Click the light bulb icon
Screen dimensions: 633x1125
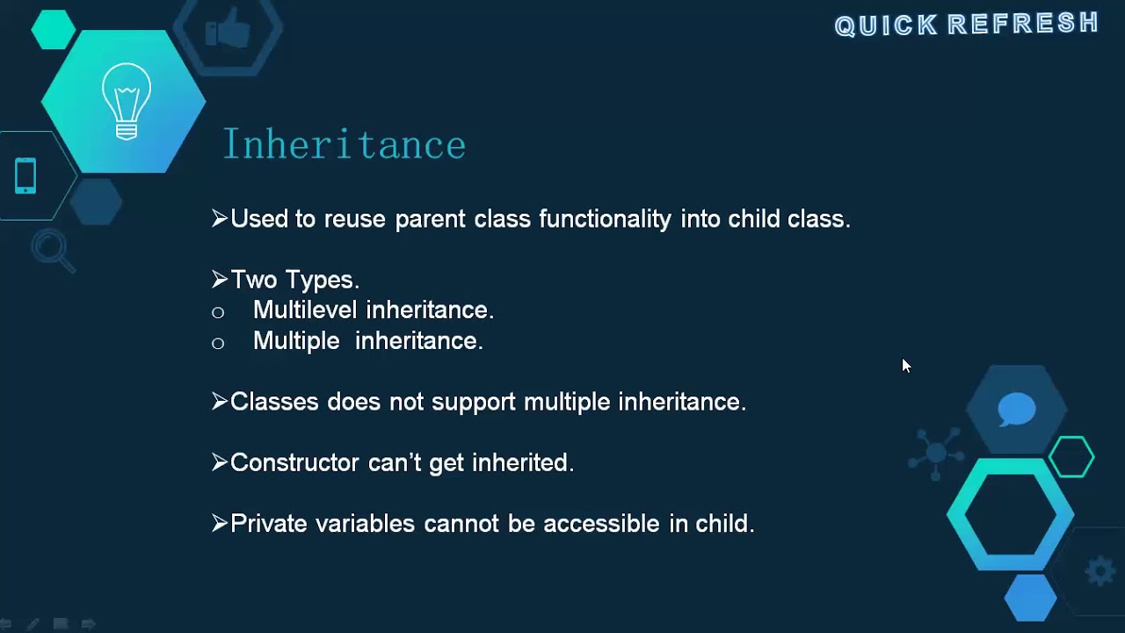click(x=127, y=101)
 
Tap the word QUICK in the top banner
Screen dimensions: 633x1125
click(x=886, y=25)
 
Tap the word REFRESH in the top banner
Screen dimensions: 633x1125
click(x=1023, y=24)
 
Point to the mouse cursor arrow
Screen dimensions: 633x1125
click(x=906, y=366)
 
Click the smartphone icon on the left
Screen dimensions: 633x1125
click(x=25, y=176)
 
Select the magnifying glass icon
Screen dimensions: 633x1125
click(x=52, y=251)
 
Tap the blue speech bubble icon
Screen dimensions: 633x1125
click(x=1017, y=410)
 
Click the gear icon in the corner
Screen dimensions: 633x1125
click(x=1100, y=571)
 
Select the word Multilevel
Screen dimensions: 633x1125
click(x=306, y=310)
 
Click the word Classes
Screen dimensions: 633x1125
click(x=274, y=402)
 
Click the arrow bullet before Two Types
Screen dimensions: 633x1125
click(x=220, y=280)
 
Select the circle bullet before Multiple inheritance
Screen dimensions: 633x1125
click(x=218, y=343)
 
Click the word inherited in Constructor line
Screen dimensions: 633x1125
click(x=522, y=462)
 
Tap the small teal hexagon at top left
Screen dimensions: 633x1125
click(x=54, y=29)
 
